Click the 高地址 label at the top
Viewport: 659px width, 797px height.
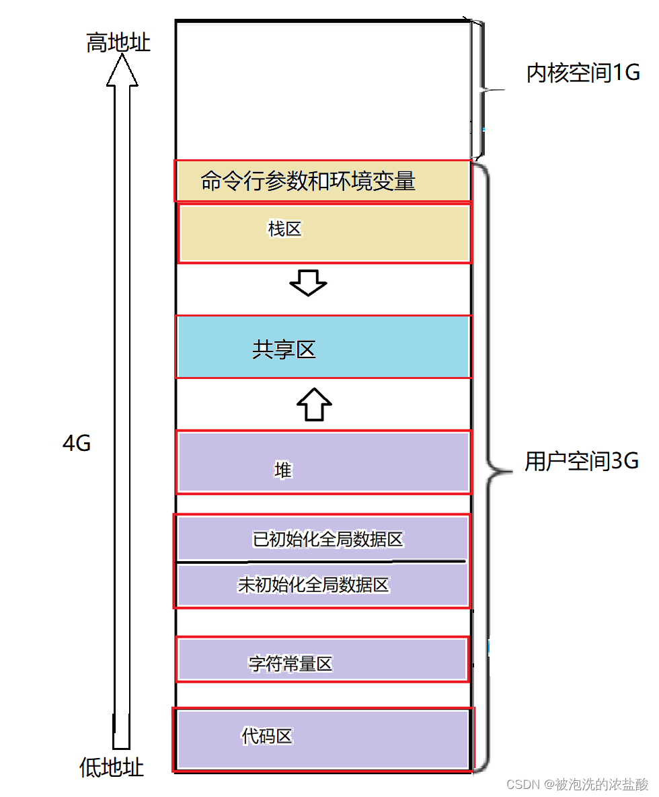click(118, 43)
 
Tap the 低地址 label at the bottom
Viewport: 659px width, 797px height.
click(112, 767)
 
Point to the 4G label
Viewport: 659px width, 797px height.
click(76, 444)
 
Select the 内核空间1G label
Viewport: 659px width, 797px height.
click(582, 73)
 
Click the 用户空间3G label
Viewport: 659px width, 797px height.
click(581, 461)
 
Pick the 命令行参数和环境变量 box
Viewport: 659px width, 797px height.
click(323, 181)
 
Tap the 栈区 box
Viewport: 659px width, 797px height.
click(324, 233)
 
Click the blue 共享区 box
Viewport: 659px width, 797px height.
click(323, 347)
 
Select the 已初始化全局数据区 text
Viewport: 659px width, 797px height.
click(327, 539)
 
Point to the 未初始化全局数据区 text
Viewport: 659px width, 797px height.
click(313, 585)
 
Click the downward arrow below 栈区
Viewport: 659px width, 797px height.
click(308, 283)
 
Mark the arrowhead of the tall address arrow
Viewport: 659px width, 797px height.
click(122, 70)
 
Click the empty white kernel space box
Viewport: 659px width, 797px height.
click(323, 91)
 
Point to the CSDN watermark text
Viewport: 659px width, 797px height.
click(577, 784)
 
